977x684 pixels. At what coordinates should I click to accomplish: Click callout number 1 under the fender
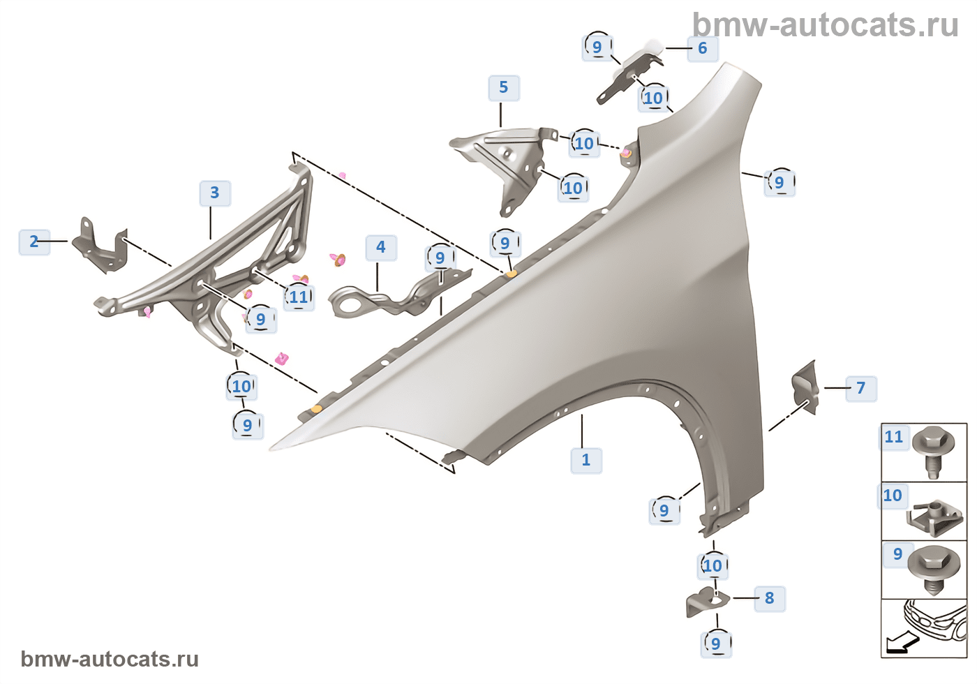pos(586,461)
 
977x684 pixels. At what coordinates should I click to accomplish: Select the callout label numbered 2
pos(34,242)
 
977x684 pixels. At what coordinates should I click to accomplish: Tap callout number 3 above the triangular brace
pos(215,193)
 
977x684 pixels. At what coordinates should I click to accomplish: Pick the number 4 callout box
pos(381,247)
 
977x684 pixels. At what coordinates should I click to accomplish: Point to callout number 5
pos(504,88)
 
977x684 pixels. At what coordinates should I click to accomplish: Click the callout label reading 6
pos(703,49)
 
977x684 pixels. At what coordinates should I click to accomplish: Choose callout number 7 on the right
pos(861,389)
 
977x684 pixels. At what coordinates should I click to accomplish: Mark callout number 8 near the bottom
pos(770,599)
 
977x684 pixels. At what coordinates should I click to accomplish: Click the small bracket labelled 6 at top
pos(632,73)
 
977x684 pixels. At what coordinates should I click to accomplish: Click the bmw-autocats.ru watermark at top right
pos(825,26)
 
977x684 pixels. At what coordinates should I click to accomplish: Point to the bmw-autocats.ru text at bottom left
pos(110,660)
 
